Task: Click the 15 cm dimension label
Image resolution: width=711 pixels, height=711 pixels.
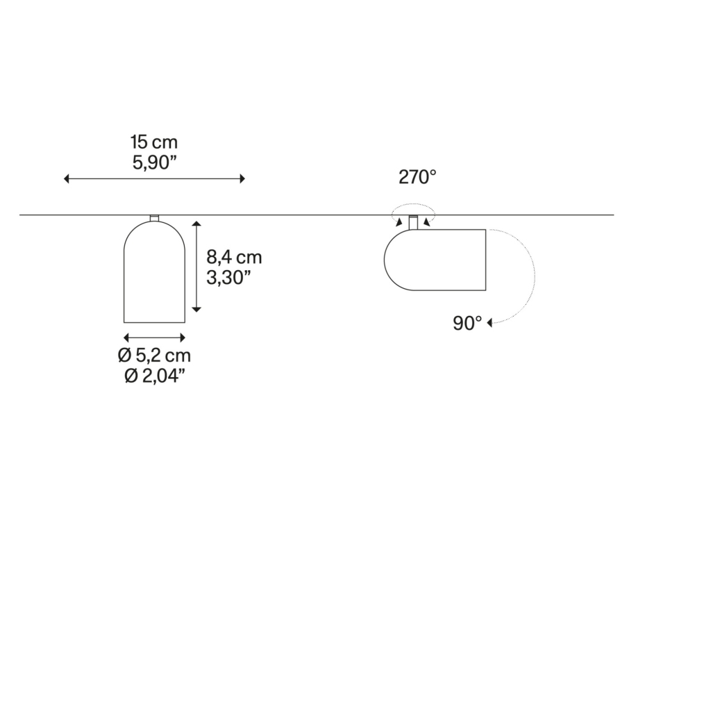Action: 153,142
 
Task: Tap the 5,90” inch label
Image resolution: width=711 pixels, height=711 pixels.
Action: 153,162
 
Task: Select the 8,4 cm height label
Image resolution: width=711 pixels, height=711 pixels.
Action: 234,257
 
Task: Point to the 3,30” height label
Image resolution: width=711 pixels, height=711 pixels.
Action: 228,278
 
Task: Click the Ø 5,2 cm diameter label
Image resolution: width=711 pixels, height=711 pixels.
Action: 154,355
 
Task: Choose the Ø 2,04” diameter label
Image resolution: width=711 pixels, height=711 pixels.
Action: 154,376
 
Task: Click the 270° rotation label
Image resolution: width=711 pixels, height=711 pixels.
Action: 417,177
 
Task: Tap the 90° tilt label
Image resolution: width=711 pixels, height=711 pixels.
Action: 467,324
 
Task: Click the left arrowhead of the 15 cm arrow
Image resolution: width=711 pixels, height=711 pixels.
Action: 66,178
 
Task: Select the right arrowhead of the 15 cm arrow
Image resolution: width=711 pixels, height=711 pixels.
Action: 242,178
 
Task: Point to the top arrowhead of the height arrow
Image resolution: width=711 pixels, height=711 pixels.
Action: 196,224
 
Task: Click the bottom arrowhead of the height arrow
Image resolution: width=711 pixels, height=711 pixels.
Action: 196,309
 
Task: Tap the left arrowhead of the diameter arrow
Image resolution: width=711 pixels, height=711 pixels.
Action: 126,337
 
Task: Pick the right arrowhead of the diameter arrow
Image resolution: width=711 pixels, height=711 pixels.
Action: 183,337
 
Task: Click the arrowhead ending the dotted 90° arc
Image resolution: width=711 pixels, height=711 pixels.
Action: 490,323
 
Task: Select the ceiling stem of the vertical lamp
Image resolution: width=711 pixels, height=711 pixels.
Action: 155,219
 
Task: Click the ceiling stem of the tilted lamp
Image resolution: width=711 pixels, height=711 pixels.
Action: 413,222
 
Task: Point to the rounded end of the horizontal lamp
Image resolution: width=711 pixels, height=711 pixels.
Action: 385,260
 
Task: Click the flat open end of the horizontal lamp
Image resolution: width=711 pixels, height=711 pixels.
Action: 485,260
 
